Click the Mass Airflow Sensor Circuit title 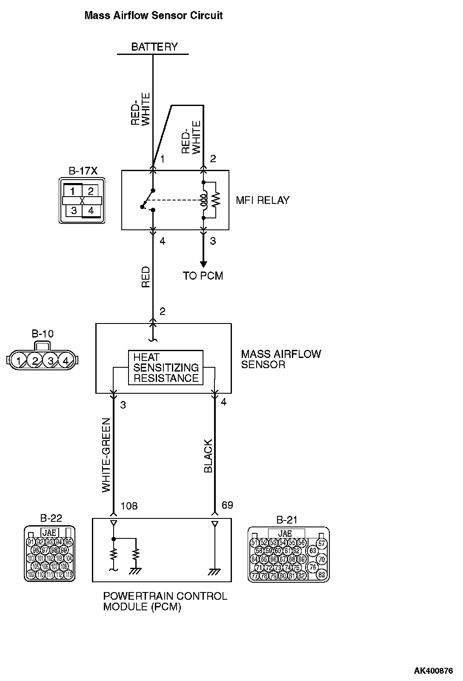click(x=154, y=16)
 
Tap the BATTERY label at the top click(x=154, y=47)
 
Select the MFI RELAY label click(x=263, y=200)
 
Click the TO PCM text click(x=203, y=276)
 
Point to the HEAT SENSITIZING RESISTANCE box click(x=166, y=367)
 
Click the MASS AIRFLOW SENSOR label click(x=281, y=359)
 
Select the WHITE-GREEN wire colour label click(x=106, y=455)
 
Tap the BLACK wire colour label click(x=208, y=456)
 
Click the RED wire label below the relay click(x=146, y=277)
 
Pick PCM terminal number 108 click(x=129, y=506)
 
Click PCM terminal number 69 click(x=228, y=505)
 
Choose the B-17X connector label click(x=83, y=171)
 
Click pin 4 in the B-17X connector click(x=90, y=210)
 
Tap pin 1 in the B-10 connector click(x=19, y=361)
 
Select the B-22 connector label click(x=51, y=518)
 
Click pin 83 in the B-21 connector click(x=322, y=575)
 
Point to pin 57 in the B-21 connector click(x=322, y=544)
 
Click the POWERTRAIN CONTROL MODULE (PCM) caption click(x=165, y=601)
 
